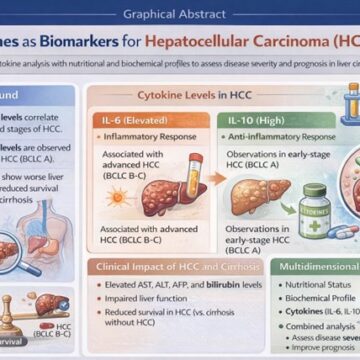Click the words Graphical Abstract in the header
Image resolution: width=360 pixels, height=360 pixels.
(179, 15)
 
